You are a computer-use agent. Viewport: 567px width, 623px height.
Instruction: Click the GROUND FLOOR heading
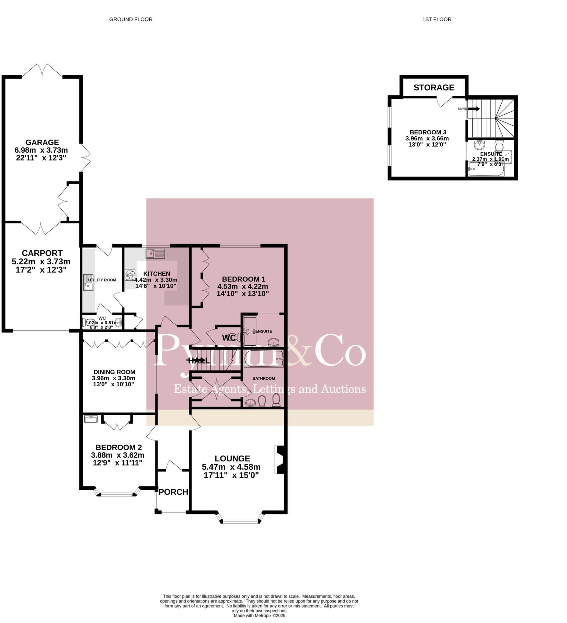[131, 19]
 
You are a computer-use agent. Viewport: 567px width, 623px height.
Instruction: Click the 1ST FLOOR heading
[437, 19]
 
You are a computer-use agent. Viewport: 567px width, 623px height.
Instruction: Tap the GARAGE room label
[42, 142]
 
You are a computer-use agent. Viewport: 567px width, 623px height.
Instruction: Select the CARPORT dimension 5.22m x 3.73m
[41, 262]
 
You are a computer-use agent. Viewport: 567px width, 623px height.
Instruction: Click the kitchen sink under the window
[155, 254]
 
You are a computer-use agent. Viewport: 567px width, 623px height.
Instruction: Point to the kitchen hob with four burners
[130, 275]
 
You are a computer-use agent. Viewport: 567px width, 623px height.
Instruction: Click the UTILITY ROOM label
[102, 280]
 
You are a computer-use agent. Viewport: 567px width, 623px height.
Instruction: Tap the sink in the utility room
[88, 283]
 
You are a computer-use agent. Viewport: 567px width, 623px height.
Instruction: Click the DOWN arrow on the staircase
[474, 109]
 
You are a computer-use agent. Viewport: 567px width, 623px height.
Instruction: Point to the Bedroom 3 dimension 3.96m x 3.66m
[427, 138]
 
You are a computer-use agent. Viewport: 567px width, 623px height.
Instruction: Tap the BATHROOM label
[263, 378]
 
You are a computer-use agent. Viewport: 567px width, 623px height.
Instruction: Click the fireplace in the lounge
[280, 460]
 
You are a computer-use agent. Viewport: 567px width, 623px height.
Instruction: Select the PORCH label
[173, 492]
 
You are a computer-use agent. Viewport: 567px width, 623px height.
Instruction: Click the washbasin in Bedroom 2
[91, 419]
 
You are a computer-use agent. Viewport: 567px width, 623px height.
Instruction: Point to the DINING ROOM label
[114, 372]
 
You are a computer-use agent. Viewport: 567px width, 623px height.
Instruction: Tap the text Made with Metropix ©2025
[259, 615]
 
